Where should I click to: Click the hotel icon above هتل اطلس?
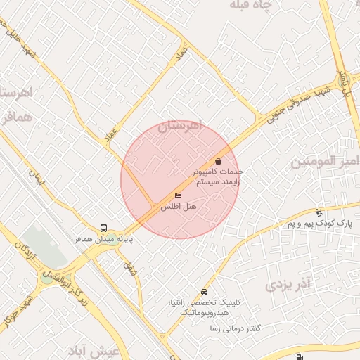click(x=177, y=196)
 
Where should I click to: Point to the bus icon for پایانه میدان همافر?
click(x=104, y=228)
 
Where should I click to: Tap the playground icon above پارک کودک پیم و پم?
click(x=320, y=212)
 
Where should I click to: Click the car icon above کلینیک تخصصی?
click(x=204, y=291)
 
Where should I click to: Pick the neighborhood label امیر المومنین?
click(x=324, y=162)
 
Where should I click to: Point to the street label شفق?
click(x=131, y=267)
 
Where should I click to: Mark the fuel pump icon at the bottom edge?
click(x=301, y=356)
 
